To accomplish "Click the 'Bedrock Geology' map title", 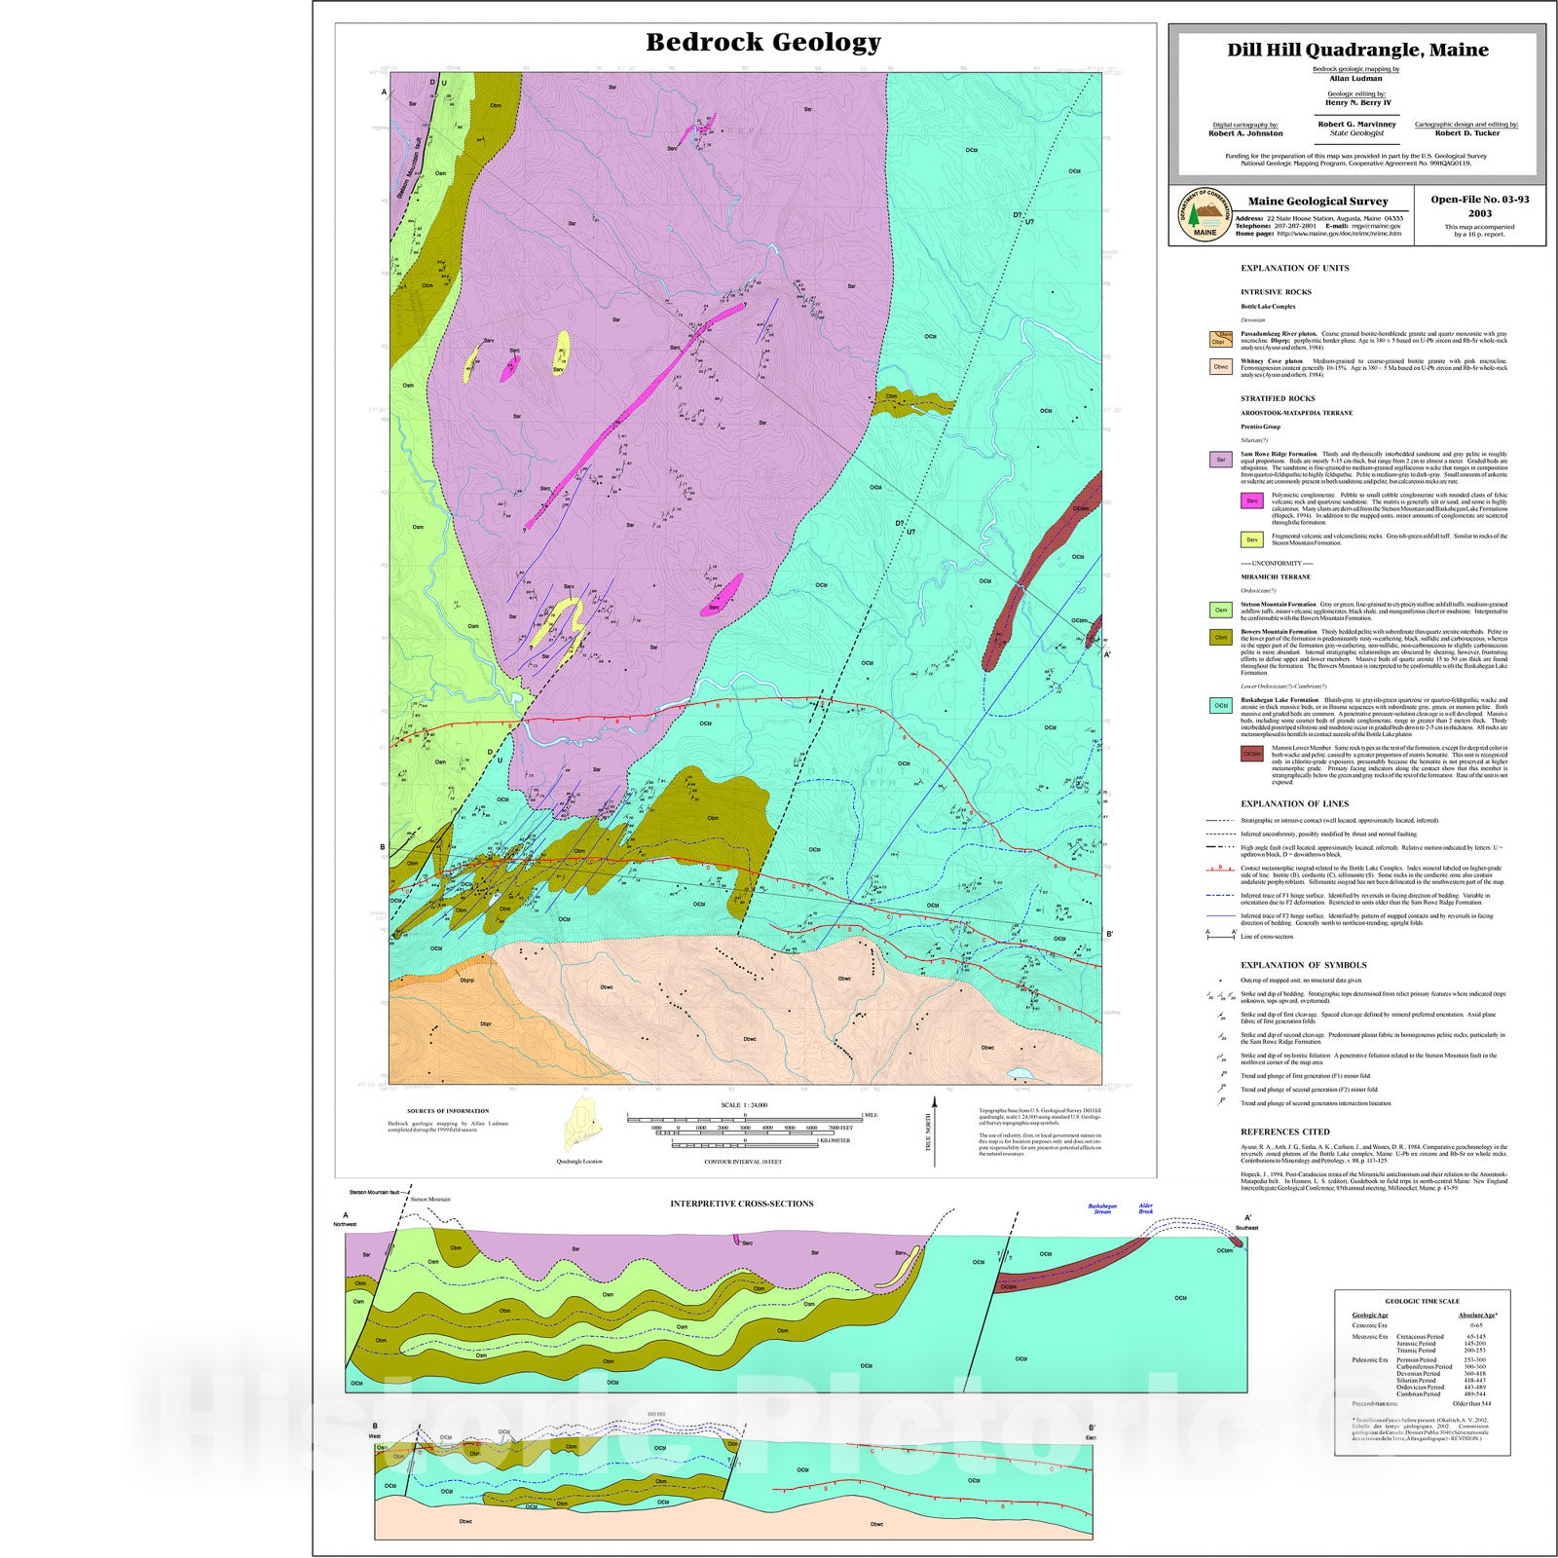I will (x=763, y=42).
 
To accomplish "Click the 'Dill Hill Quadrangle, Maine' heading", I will (x=1356, y=50).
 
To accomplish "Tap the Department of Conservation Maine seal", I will (x=1205, y=216).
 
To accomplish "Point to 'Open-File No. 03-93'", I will (x=1479, y=200).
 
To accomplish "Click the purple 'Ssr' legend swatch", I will (x=1220, y=460).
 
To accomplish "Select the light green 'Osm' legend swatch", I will (x=1220, y=611).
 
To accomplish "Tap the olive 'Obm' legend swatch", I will (x=1220, y=638).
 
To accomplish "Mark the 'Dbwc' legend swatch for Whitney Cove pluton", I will (x=1220, y=367).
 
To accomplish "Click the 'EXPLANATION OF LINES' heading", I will (x=1294, y=803).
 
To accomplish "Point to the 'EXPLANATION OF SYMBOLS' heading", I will (x=1303, y=965).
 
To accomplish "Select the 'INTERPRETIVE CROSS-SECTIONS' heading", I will (x=741, y=1204).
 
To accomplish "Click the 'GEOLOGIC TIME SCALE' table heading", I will (x=1422, y=1301).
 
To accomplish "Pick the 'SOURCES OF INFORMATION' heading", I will (x=448, y=1111).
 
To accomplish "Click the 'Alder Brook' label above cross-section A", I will (x=1146, y=1208).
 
